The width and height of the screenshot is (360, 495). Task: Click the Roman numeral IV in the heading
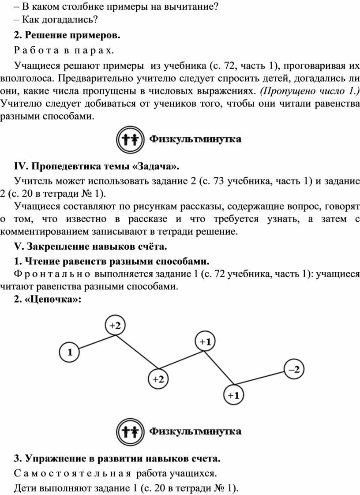click(x=21, y=166)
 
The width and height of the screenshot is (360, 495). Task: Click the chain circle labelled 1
click(x=71, y=352)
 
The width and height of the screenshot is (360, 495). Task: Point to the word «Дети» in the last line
click(x=25, y=488)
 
